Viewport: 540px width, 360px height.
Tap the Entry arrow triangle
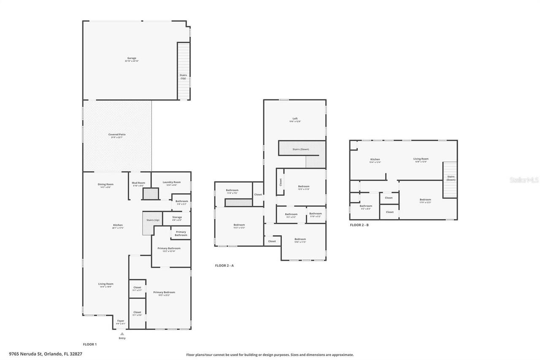(122, 333)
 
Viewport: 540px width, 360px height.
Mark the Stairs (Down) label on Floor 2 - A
(301, 149)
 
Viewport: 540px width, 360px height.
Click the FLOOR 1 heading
(89, 344)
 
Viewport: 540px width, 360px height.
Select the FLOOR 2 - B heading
(359, 225)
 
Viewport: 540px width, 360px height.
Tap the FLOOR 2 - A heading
(224, 265)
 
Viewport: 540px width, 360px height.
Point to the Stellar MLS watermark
(524, 180)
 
